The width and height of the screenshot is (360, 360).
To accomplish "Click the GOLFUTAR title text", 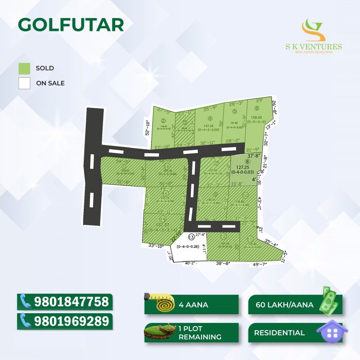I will pyautogui.click(x=71, y=24).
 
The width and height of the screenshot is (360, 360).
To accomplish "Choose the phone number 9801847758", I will pyautogui.click(x=71, y=301).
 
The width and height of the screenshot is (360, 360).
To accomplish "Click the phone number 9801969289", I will pyautogui.click(x=71, y=321).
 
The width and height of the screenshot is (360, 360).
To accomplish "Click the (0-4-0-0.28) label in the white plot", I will pyautogui.click(x=189, y=247).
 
